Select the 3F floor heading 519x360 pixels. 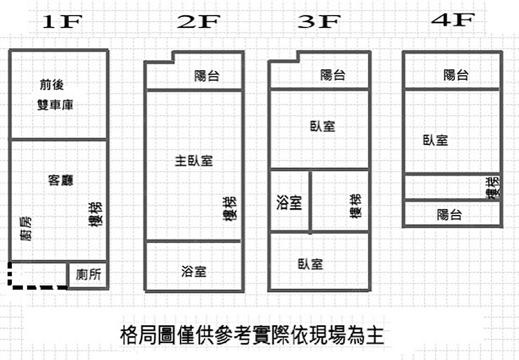pyautogui.click(x=319, y=22)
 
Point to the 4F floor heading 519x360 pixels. pyautogui.click(x=453, y=20)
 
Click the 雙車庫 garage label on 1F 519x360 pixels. pyautogui.click(x=55, y=105)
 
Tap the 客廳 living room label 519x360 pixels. pyautogui.click(x=60, y=180)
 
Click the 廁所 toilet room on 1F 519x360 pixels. pyautogui.click(x=88, y=275)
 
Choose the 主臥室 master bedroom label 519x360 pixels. pyautogui.click(x=194, y=161)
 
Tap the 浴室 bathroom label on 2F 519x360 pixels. pyautogui.click(x=194, y=271)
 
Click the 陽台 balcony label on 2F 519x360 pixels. pyautogui.click(x=207, y=76)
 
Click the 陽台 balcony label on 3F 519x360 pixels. pyautogui.click(x=333, y=75)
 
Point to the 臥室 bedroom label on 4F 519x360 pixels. pyautogui.click(x=435, y=140)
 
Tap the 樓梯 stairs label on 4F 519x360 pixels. pyautogui.click(x=493, y=187)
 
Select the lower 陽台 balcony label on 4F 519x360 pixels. pyautogui.click(x=449, y=214)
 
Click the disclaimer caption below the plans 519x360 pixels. pyautogui.click(x=252, y=335)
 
